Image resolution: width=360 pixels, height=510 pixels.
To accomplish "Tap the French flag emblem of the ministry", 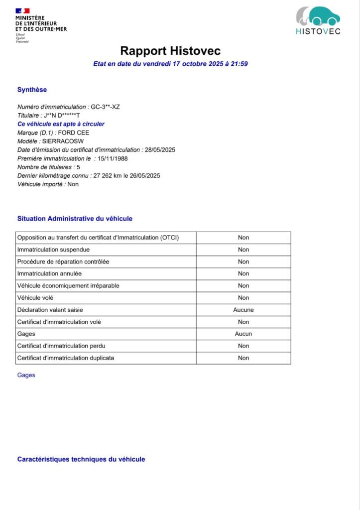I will tap(22, 10).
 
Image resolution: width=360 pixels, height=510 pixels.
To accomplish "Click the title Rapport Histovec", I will tap(170, 51).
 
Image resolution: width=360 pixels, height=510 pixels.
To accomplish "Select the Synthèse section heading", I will tap(32, 90).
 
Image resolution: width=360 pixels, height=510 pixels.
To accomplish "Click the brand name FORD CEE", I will tap(74, 133).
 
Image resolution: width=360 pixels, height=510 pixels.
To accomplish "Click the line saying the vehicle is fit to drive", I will tap(61, 124).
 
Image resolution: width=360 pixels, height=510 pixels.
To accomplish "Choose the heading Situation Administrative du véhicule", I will tap(75, 219).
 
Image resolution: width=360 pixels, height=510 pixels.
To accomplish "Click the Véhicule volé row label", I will tap(35, 298).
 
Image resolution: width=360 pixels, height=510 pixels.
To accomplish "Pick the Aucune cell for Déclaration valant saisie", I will tap(243, 310).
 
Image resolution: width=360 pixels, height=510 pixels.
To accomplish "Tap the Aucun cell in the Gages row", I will tap(243, 334).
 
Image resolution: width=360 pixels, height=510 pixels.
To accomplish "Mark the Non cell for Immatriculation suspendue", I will tap(243, 250).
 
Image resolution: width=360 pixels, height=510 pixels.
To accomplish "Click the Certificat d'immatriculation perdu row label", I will tap(61, 346).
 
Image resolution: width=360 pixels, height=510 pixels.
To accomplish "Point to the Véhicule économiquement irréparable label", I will tap(68, 286).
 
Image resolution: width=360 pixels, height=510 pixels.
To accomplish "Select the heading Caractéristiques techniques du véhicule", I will tap(81, 459).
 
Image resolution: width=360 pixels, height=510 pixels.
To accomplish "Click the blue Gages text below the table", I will tap(26, 375).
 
